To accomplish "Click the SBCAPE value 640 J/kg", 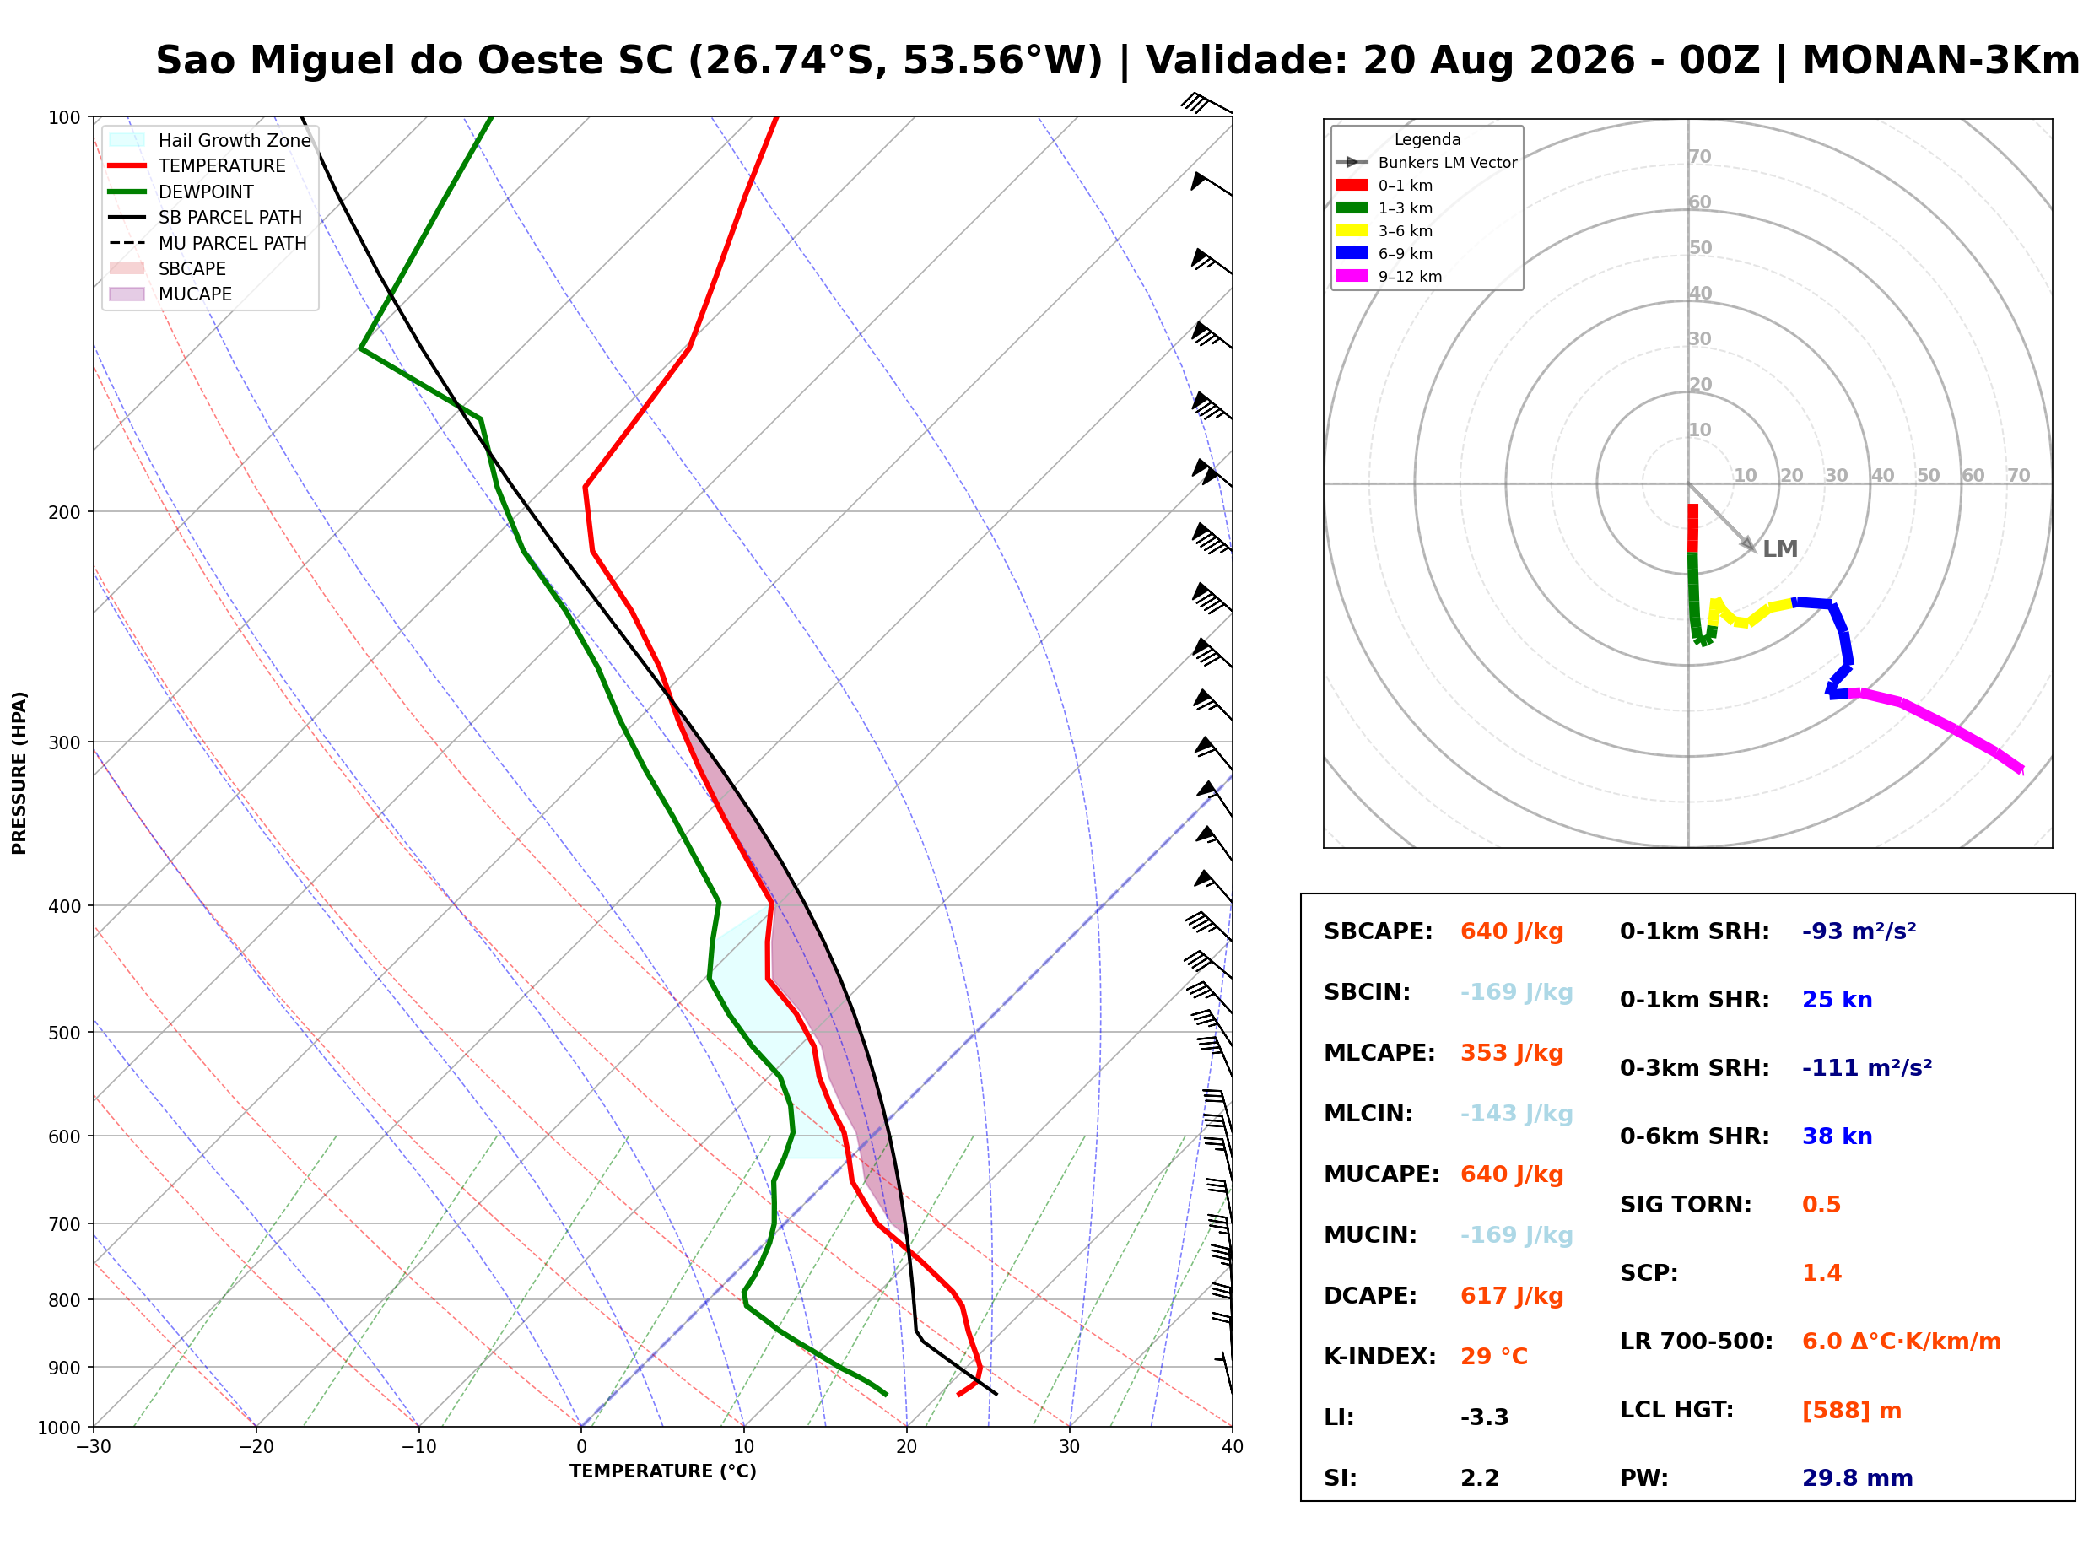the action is pyautogui.click(x=1511, y=931).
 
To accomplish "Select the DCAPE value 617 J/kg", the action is pyautogui.click(x=1511, y=1295).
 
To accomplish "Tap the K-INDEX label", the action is pyautogui.click(x=1379, y=1356).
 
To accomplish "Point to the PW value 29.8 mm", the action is pyautogui.click(x=1857, y=1477).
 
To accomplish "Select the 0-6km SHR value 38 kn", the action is pyautogui.click(x=1837, y=1136).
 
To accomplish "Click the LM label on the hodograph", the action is pyautogui.click(x=1779, y=548).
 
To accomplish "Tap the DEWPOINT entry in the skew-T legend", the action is pyautogui.click(x=206, y=192).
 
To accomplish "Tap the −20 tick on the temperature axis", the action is pyautogui.click(x=255, y=1447).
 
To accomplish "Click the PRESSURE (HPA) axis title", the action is pyautogui.click(x=19, y=772).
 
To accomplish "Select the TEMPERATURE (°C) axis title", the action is pyautogui.click(x=662, y=1471).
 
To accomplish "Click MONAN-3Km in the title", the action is pyautogui.click(x=1940, y=61).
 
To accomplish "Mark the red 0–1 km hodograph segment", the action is pyautogui.click(x=1692, y=528).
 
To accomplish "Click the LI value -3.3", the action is pyautogui.click(x=1484, y=1417).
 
